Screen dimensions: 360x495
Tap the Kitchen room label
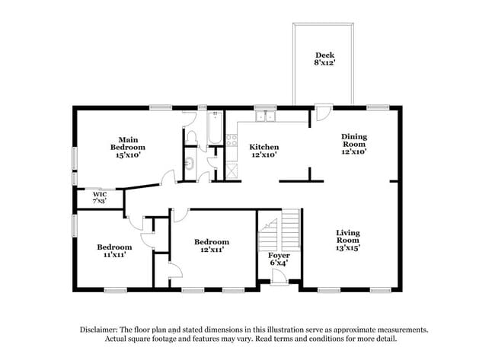pos(264,150)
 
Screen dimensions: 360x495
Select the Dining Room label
pos(353,144)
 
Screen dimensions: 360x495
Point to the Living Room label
pos(347,239)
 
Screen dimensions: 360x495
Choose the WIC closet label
pos(99,197)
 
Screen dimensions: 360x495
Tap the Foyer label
pos(279,259)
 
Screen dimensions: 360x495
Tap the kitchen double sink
pos(265,116)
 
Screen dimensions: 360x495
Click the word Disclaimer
pos(99,330)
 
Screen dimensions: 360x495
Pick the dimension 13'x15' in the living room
pos(347,247)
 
